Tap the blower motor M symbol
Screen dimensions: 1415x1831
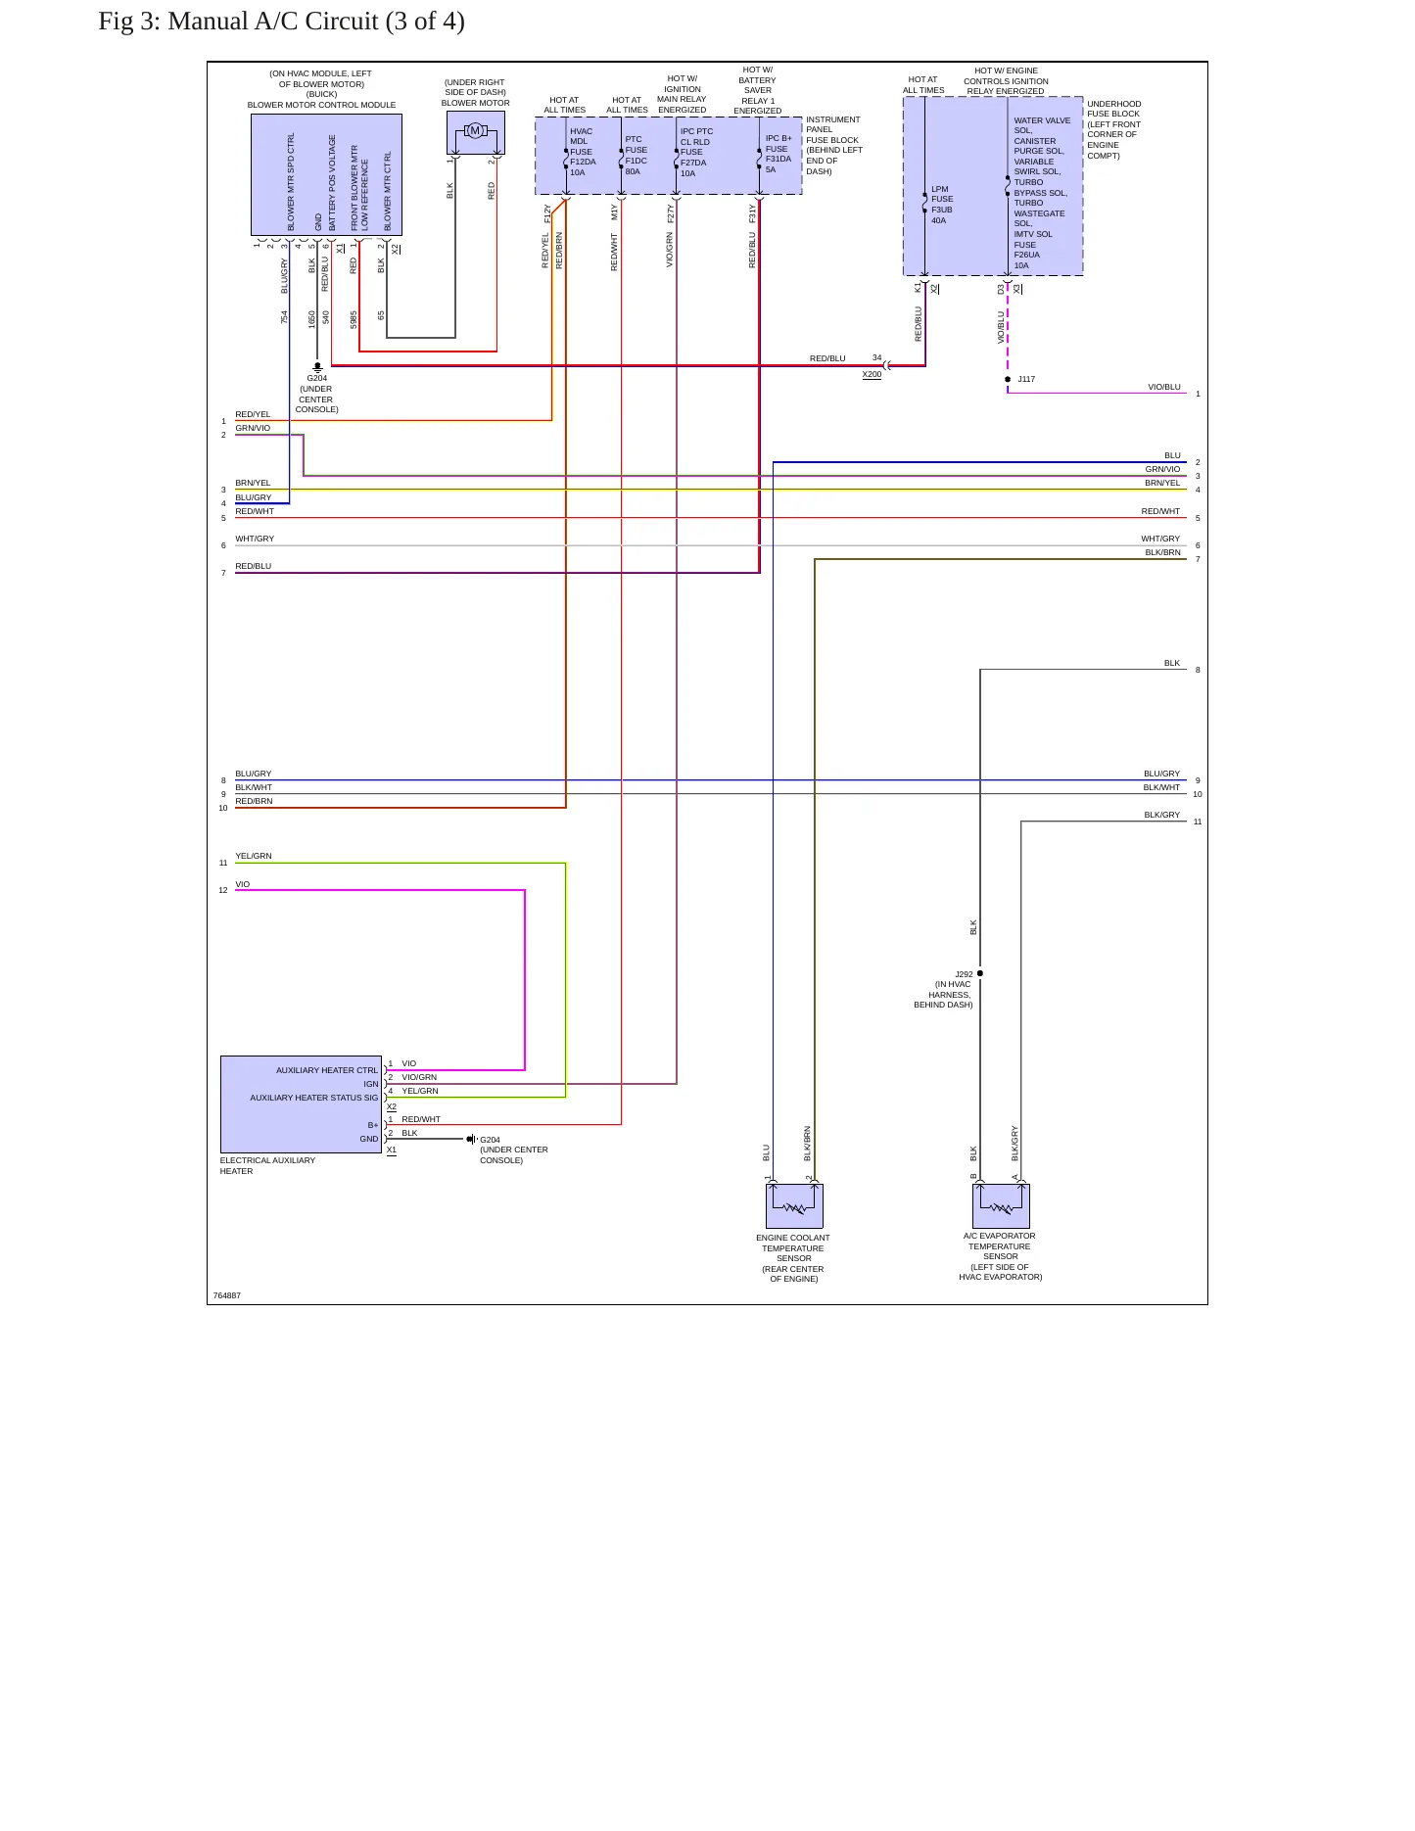coord(475,131)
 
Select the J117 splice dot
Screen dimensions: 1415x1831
coord(1008,379)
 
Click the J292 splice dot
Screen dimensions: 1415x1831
coord(980,973)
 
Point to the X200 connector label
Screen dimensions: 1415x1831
coord(872,374)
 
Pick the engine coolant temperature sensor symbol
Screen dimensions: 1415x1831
coord(794,1206)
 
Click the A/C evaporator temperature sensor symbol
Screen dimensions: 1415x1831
coord(1001,1206)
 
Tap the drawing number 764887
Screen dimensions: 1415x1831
coord(227,1295)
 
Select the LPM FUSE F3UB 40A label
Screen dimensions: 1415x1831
coord(942,205)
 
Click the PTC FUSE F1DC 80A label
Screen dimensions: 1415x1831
coord(637,156)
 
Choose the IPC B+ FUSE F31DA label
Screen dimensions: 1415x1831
coord(778,154)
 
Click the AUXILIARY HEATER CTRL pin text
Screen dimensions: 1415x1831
coord(327,1070)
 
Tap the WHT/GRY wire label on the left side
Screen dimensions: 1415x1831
coord(255,539)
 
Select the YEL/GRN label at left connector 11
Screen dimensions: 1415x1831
coord(254,856)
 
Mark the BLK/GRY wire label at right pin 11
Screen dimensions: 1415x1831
coord(1162,815)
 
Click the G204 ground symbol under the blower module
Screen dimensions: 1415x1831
coord(317,367)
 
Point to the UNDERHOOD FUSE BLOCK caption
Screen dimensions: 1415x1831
coord(1114,129)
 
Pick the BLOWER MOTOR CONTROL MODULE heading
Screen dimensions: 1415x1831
coord(321,105)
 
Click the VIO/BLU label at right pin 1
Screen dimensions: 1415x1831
coord(1164,387)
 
